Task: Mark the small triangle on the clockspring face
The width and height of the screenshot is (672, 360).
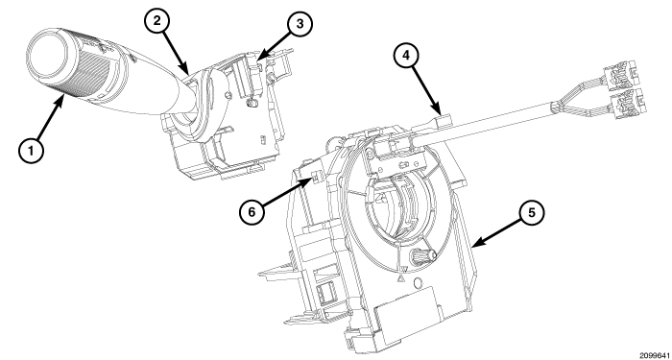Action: [x=396, y=279]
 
